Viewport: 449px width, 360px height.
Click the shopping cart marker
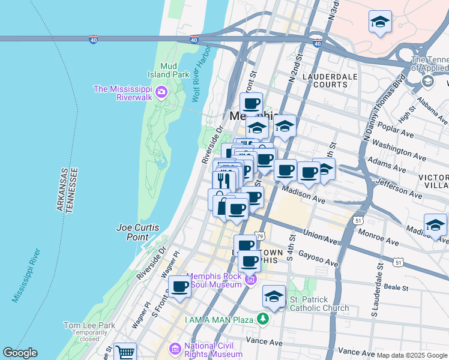click(x=125, y=353)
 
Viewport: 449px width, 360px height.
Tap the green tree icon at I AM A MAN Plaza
click(x=262, y=319)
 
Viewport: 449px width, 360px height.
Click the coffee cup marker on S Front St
click(x=179, y=286)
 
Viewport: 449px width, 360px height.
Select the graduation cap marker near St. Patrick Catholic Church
click(x=274, y=296)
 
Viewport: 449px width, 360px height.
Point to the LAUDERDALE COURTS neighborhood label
click(x=330, y=80)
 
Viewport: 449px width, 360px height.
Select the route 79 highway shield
click(x=259, y=237)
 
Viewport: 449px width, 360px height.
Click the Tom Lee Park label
click(x=89, y=325)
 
